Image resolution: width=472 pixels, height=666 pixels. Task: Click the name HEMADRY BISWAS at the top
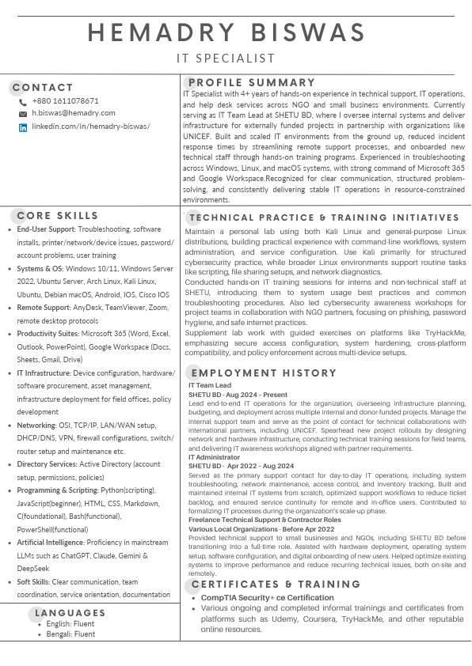click(x=226, y=32)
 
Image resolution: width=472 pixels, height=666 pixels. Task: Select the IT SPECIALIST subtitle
click(x=226, y=59)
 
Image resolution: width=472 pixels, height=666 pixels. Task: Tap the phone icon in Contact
click(x=23, y=102)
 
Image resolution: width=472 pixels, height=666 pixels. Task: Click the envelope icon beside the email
click(x=23, y=115)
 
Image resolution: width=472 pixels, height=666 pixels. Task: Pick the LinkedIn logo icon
click(x=23, y=127)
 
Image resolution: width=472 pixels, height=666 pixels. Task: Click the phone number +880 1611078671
click(x=66, y=101)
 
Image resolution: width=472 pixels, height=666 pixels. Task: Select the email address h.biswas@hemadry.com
click(x=74, y=114)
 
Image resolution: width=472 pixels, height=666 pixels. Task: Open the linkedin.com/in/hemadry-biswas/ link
click(x=90, y=127)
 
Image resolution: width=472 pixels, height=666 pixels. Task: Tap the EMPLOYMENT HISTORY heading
click(x=264, y=373)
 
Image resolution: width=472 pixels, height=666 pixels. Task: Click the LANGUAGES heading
click(x=70, y=613)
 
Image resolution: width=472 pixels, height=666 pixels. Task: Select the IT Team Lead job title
click(x=210, y=385)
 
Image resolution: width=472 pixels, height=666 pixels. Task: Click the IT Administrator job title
click(x=214, y=457)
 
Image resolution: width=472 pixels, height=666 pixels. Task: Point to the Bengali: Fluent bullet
click(x=70, y=634)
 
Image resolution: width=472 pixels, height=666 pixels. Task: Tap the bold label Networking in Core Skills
click(x=36, y=425)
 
